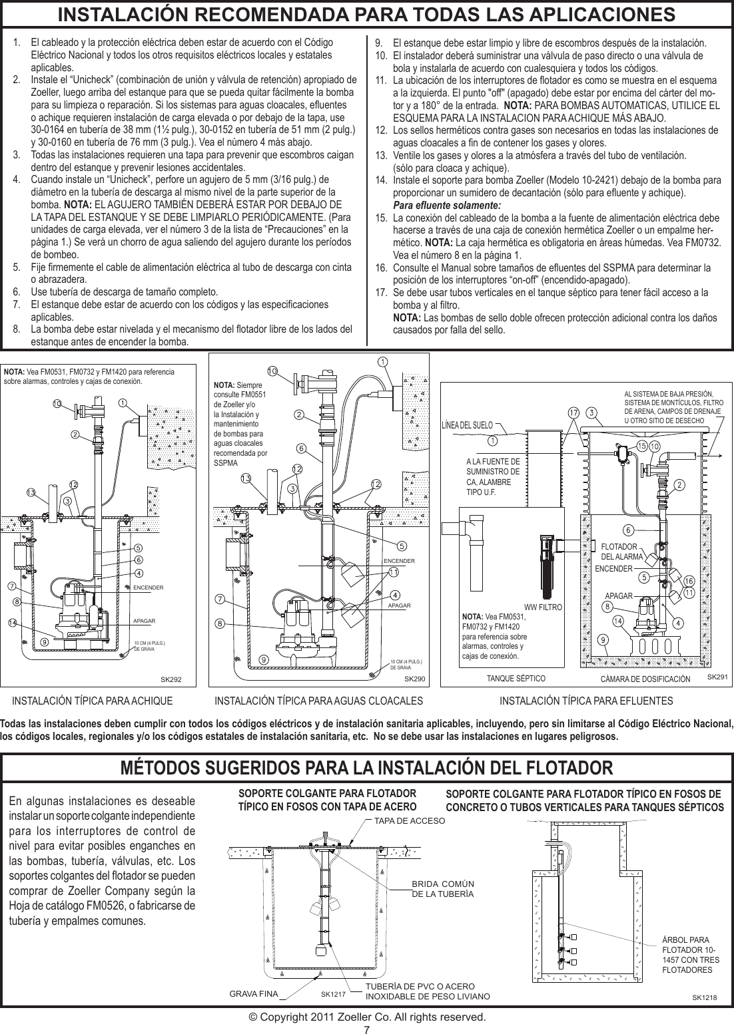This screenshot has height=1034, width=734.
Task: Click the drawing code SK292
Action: coord(171,680)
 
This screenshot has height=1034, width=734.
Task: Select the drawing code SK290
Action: coord(415,680)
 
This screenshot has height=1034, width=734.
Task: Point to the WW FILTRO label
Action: coord(544,607)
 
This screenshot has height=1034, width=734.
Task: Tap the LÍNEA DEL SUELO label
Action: coord(471,424)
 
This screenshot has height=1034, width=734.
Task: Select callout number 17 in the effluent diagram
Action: coord(573,412)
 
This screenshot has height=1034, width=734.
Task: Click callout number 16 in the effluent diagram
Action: coord(688,580)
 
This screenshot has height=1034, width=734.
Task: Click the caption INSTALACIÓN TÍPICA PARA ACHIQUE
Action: coord(93,701)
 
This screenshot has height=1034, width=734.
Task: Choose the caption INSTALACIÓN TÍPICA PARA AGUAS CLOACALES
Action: coord(319,701)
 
